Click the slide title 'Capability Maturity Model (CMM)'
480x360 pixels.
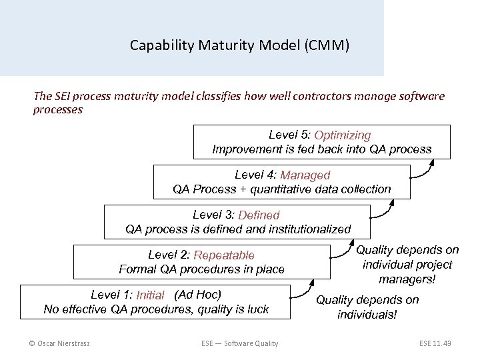239,46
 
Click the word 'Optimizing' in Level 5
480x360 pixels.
343,135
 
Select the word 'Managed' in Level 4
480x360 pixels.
305,175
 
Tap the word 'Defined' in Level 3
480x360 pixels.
259,215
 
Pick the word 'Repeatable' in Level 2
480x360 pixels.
224,255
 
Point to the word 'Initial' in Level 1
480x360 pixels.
150,295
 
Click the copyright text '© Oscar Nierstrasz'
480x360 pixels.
60,343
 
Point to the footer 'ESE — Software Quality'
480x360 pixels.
239,343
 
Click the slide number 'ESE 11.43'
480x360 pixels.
435,343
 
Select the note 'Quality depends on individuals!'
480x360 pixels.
367,307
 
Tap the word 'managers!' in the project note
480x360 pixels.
407,279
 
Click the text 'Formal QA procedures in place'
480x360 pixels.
201,269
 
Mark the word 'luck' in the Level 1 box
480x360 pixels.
257,309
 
